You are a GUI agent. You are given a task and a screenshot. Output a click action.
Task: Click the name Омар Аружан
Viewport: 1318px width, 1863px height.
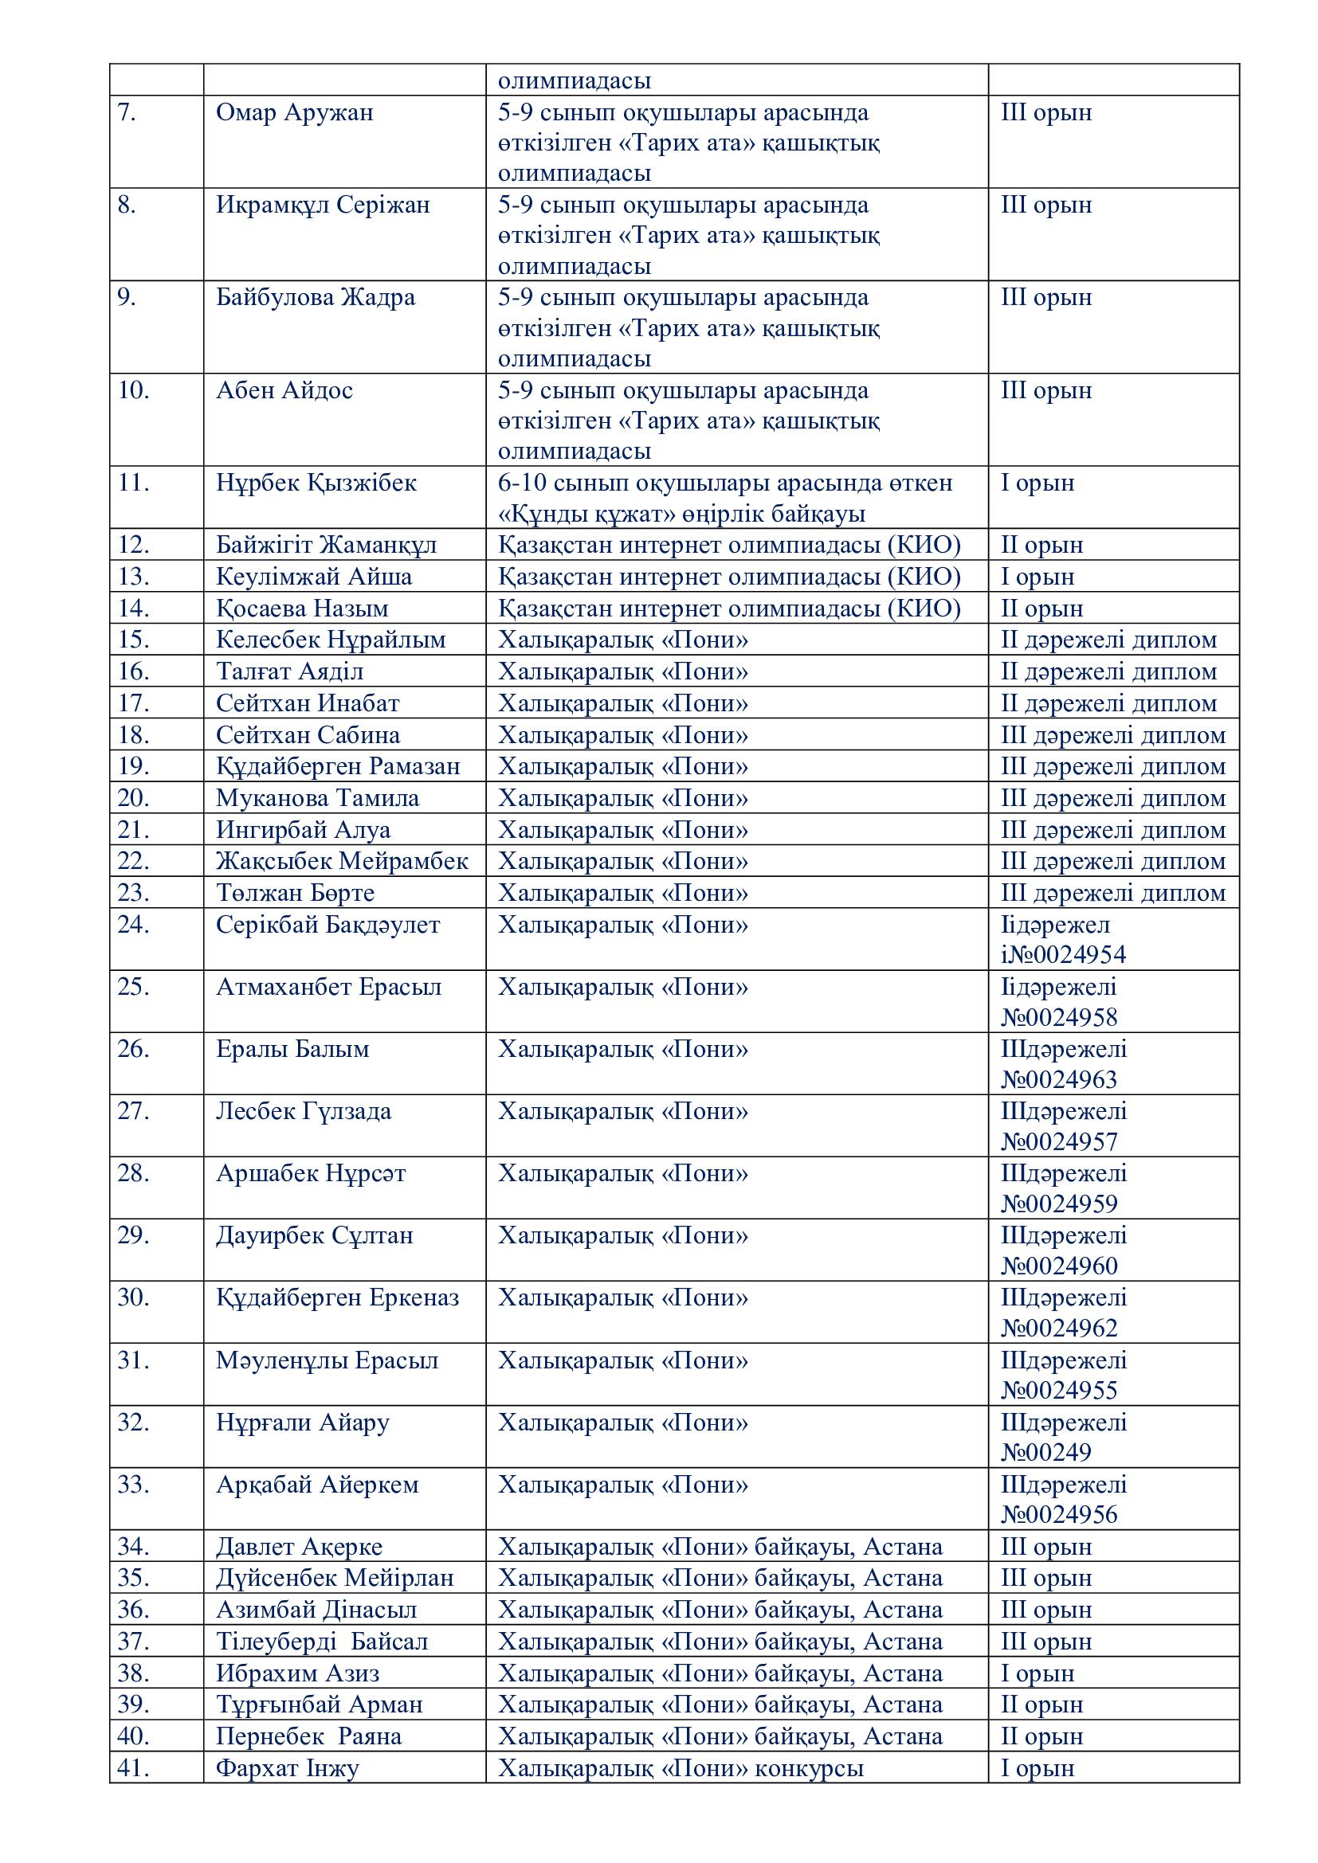tap(295, 112)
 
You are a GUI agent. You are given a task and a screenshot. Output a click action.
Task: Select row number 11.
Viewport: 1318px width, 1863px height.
tap(134, 483)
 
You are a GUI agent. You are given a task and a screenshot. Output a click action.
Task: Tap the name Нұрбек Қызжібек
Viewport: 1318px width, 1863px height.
tap(316, 483)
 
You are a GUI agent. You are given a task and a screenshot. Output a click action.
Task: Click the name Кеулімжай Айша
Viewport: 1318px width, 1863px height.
tap(314, 577)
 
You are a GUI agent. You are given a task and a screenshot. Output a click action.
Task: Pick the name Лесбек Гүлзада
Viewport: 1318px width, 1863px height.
tap(304, 1111)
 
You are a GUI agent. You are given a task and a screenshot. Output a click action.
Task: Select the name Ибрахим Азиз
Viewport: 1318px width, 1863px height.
tap(298, 1673)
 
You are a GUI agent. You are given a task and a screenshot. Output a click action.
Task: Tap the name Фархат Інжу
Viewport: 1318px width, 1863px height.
tap(288, 1768)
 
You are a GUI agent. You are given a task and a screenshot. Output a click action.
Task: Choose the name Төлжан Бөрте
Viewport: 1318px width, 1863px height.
tap(296, 894)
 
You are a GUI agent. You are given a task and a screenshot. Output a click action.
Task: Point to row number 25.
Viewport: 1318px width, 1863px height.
tap(134, 987)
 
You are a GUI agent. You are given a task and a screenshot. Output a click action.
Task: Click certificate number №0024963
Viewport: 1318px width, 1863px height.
tap(1059, 1080)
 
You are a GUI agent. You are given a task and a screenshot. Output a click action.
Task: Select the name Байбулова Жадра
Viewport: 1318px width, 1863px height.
tap(316, 298)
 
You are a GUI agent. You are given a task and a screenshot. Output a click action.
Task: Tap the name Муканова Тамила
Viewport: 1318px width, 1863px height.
tap(317, 798)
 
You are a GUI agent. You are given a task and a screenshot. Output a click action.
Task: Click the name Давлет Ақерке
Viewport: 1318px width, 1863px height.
tap(300, 1548)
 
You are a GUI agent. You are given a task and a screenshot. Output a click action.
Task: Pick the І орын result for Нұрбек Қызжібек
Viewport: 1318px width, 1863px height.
tap(1038, 483)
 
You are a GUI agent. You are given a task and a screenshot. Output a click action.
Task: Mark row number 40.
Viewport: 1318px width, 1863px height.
tap(134, 1736)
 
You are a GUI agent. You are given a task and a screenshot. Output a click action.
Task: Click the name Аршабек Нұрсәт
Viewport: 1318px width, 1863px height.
tap(311, 1173)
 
